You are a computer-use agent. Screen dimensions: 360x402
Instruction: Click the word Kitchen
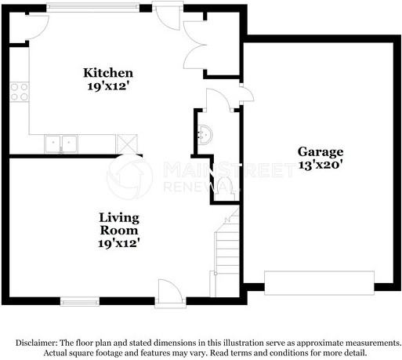103,73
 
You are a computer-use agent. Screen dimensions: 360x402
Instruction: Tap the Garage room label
320,151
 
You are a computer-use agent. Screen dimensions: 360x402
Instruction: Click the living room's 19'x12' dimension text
119,243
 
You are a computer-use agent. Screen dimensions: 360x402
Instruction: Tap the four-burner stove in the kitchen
19,92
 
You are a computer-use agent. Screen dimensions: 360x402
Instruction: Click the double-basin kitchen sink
62,143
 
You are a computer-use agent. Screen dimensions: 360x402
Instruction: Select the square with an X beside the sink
126,143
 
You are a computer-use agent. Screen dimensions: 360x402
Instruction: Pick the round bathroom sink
205,134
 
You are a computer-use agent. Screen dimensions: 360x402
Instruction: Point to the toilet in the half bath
223,184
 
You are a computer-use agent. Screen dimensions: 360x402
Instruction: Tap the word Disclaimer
38,343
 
